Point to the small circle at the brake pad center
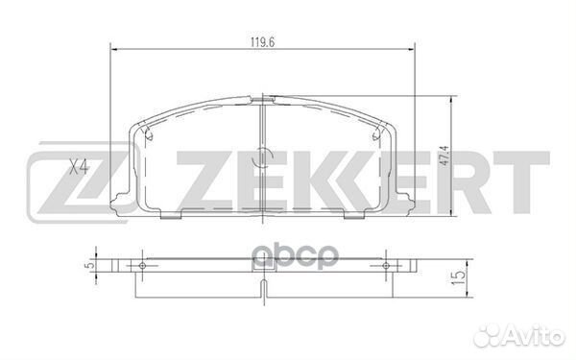point(263,157)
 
